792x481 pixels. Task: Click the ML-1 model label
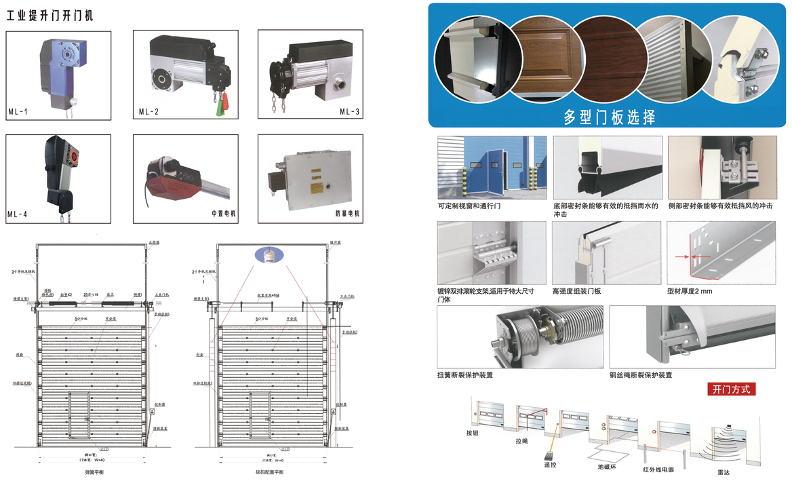pyautogui.click(x=18, y=111)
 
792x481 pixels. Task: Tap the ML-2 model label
pyautogui.click(x=148, y=111)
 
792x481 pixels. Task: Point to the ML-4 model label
pyautogui.click(x=18, y=214)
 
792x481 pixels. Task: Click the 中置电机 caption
pyautogui.click(x=223, y=214)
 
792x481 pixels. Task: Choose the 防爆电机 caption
pyautogui.click(x=348, y=214)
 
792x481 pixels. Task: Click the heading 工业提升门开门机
pyautogui.click(x=50, y=15)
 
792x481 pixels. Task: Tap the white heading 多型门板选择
pyautogui.click(x=610, y=117)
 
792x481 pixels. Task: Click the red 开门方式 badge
pyautogui.click(x=731, y=389)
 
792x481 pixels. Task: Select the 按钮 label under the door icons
pyautogui.click(x=473, y=432)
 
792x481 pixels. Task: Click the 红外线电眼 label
pyautogui.click(x=658, y=468)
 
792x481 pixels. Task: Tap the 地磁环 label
pyautogui.click(x=607, y=466)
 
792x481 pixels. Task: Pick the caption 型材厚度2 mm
pyautogui.click(x=690, y=291)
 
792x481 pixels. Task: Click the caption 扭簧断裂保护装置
pyautogui.click(x=465, y=374)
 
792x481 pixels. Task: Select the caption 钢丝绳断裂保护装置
pyautogui.click(x=641, y=374)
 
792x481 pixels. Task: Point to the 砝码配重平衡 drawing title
pyautogui.click(x=270, y=471)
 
